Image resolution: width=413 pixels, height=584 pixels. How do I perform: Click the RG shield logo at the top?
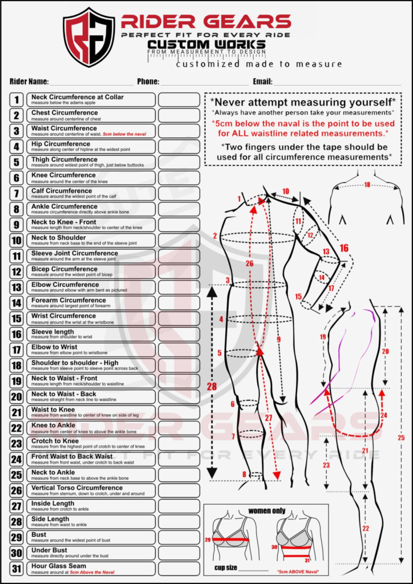(89, 36)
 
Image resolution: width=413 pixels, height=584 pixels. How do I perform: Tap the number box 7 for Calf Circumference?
(17, 193)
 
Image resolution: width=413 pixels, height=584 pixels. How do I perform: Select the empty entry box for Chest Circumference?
(179, 115)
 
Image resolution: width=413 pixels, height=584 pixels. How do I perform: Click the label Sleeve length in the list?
(52, 331)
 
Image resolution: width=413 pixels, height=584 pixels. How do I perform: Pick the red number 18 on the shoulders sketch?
(367, 185)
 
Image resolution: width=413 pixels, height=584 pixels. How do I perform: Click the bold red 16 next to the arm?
(343, 248)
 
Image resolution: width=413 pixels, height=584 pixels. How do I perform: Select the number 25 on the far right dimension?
(401, 437)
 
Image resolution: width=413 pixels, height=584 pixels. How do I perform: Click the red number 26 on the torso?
(249, 263)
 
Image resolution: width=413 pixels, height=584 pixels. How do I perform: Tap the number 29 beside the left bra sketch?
(208, 539)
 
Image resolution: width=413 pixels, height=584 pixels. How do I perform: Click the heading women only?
(265, 510)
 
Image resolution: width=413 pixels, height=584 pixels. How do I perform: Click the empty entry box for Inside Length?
(179, 506)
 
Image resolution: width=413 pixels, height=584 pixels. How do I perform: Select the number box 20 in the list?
(17, 396)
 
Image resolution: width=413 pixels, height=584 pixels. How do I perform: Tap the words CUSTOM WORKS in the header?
(206, 44)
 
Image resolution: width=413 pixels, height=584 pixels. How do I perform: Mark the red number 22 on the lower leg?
(366, 528)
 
